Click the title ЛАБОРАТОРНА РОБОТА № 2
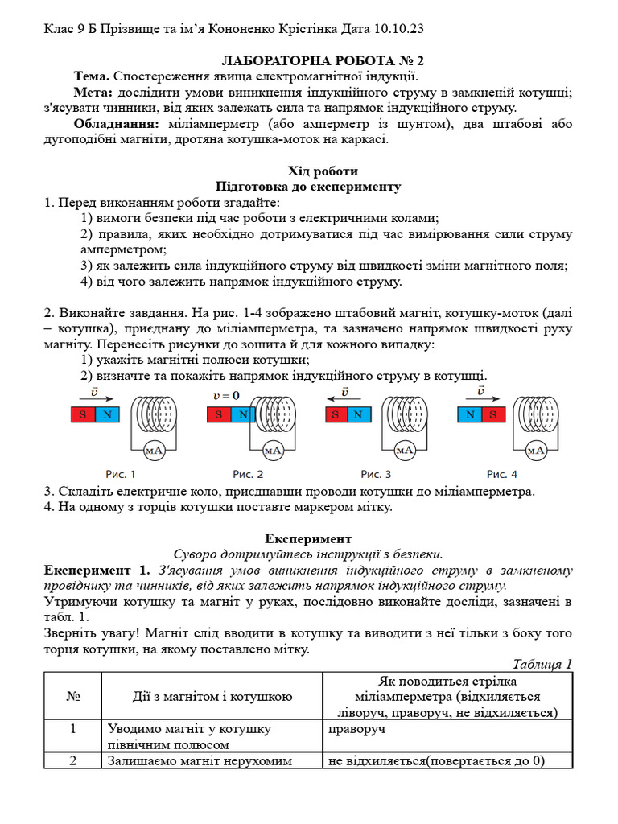click(x=311, y=60)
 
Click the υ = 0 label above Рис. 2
click(x=227, y=396)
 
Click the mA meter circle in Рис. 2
click(x=273, y=451)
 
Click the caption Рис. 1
click(x=121, y=475)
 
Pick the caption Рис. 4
click(x=503, y=475)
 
